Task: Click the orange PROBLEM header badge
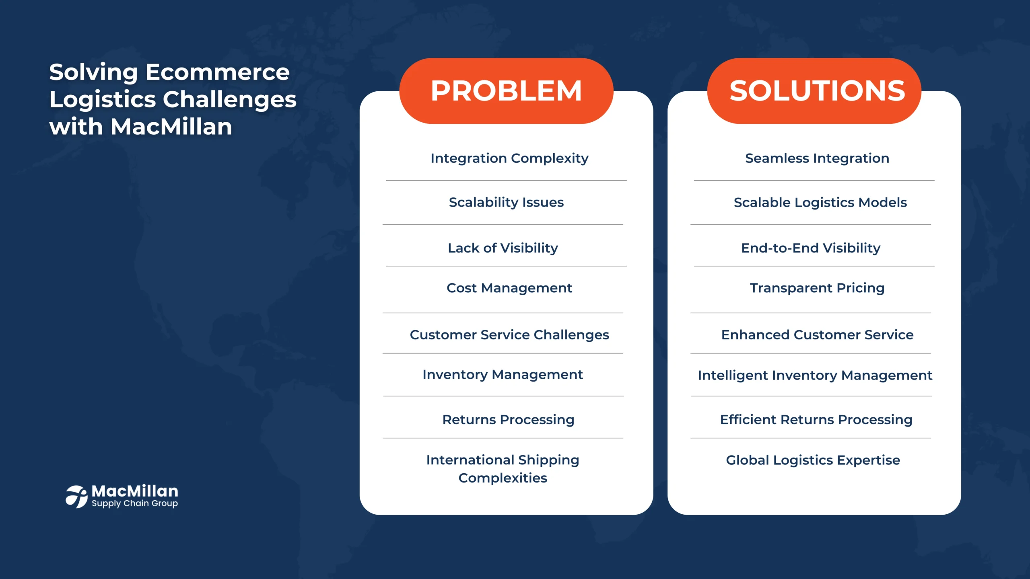(x=506, y=91)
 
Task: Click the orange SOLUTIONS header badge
(x=814, y=91)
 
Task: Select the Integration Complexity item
(x=509, y=158)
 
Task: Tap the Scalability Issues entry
(x=506, y=202)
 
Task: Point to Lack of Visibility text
(x=503, y=248)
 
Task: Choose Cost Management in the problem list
(x=509, y=288)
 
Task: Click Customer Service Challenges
(x=509, y=335)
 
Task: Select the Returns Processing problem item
(x=508, y=420)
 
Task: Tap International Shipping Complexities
(x=503, y=469)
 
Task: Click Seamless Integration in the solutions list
(x=817, y=158)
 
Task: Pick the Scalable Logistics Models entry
(x=820, y=203)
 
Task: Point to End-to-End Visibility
(x=811, y=248)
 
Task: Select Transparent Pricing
(x=817, y=288)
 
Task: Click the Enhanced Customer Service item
(x=817, y=335)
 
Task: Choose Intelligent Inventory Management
(x=815, y=376)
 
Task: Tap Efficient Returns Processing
(x=816, y=420)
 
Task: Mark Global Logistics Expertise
(x=813, y=460)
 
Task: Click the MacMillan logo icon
(x=76, y=497)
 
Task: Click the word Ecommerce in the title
(x=217, y=72)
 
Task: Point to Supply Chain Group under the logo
(x=135, y=504)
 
